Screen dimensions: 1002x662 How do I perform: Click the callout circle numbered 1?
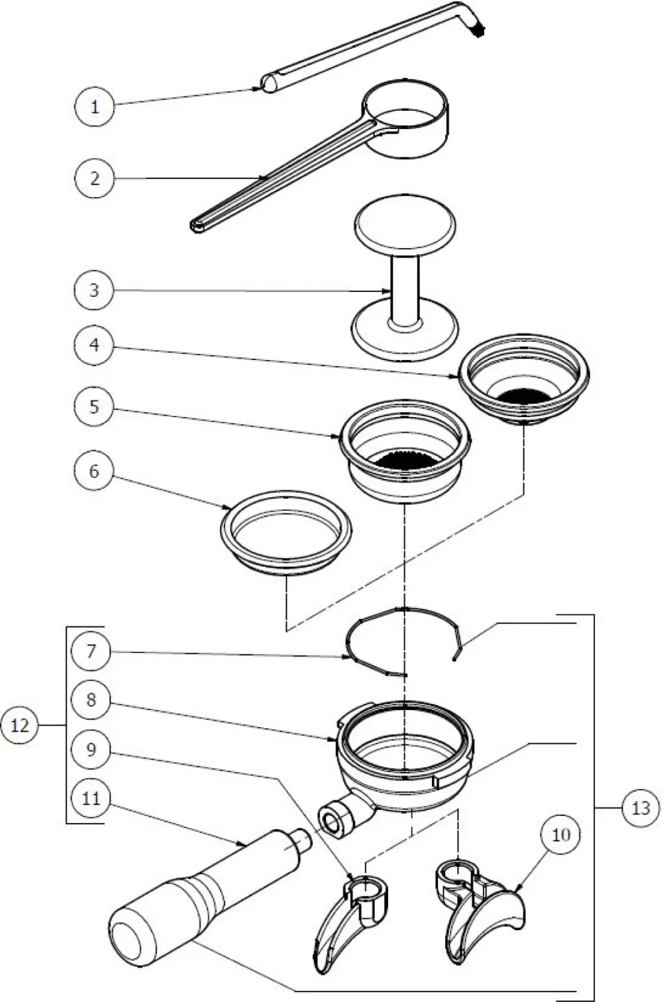[94, 106]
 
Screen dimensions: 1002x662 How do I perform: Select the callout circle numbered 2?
[94, 178]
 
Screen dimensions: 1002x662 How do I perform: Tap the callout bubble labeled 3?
[94, 290]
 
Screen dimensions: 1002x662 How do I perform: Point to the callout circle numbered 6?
[94, 470]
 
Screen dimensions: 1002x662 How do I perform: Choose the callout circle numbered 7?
[92, 651]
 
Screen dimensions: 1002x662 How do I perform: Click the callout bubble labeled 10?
[561, 835]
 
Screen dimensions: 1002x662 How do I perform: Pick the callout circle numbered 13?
[641, 808]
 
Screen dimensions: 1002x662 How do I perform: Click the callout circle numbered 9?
[92, 748]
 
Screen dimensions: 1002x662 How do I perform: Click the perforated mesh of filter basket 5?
[405, 460]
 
